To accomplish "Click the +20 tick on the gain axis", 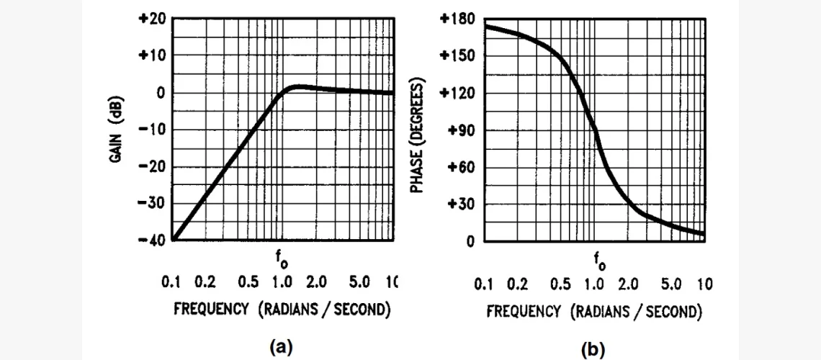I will click(x=151, y=19).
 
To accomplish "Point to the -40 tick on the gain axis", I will click(x=151, y=240).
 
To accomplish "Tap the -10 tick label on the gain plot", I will click(x=151, y=130).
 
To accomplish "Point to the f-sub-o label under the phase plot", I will click(x=598, y=260).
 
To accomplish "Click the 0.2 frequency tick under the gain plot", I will click(x=205, y=282).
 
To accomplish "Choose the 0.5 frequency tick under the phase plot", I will click(x=560, y=284).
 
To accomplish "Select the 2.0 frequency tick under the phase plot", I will click(x=627, y=284).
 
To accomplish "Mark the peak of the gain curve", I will click(x=297, y=86).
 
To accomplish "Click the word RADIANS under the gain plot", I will click(x=297, y=310).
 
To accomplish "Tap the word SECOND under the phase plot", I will click(x=671, y=312).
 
